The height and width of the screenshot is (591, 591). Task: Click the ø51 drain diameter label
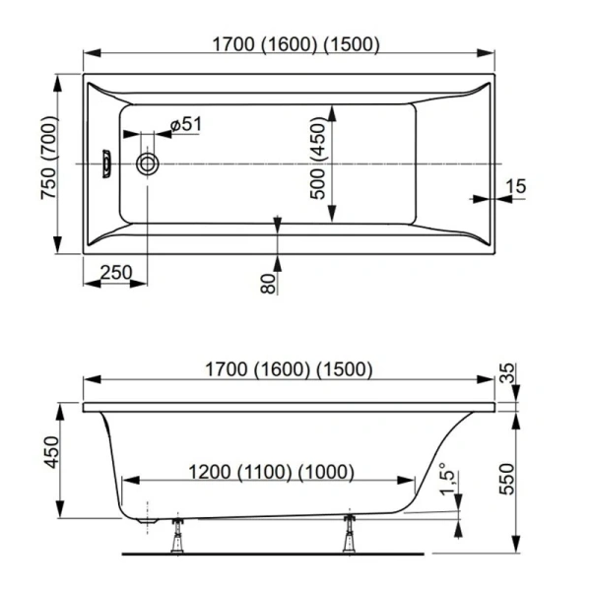coord(185,124)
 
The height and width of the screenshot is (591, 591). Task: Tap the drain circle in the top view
coord(149,163)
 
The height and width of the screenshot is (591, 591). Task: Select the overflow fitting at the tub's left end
coord(105,163)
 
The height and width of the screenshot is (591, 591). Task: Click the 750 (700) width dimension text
coord(49,164)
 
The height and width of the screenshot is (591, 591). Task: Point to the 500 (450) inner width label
coord(318,162)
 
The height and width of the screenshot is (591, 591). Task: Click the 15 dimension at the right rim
coord(519,185)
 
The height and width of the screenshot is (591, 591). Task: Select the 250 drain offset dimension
coord(117,273)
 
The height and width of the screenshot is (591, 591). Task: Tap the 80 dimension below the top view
coord(265,284)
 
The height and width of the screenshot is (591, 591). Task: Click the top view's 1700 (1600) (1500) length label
coord(295,43)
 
